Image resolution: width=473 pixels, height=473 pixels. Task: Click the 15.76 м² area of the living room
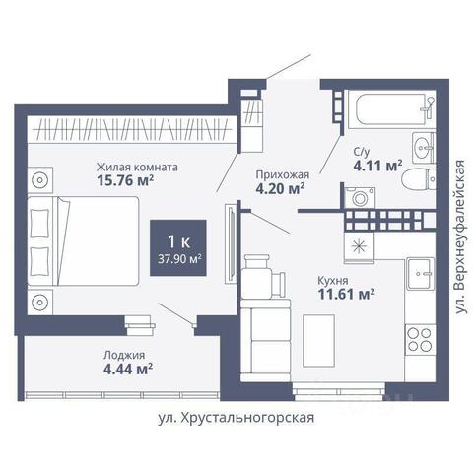point(125,180)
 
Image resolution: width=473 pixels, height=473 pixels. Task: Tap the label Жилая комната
point(137,167)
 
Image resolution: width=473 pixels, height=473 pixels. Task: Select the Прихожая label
point(283,174)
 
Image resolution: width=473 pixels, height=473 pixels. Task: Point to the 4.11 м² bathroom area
point(377,166)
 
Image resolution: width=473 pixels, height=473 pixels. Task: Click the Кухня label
point(333,281)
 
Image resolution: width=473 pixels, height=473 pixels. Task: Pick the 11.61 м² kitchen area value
point(346,294)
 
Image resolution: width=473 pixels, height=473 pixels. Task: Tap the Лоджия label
point(124,355)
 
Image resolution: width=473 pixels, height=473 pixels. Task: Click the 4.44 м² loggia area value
point(128,370)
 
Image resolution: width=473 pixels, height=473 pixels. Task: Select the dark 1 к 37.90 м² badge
point(178,247)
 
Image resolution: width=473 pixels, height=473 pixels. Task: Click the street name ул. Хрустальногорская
point(236,418)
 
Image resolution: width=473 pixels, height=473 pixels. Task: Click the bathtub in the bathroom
point(391,109)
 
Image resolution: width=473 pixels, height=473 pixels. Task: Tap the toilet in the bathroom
point(419,179)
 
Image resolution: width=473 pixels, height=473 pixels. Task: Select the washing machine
point(360,198)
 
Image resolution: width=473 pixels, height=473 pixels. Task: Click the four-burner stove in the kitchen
point(420,339)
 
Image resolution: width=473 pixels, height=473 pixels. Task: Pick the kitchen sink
point(420,273)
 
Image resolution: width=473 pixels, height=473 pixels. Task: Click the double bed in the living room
point(83,240)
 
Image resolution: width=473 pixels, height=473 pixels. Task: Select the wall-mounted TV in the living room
point(231,243)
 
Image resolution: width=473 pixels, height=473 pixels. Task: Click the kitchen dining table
point(318,341)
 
